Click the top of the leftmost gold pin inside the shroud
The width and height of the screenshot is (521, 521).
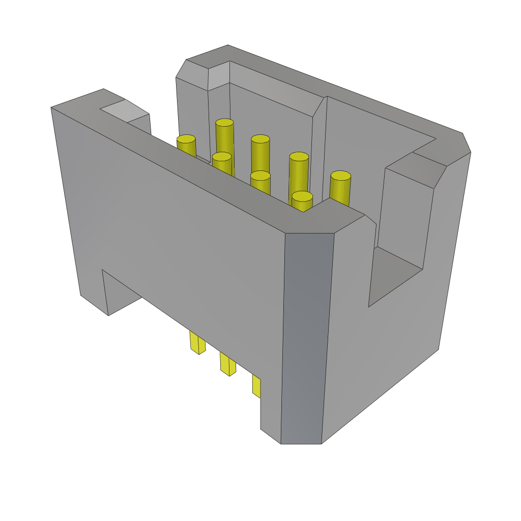click(x=186, y=139)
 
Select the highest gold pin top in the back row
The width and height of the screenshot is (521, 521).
click(x=224, y=123)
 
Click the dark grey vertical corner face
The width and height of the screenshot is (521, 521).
click(x=305, y=336)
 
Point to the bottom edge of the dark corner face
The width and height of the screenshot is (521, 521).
click(x=301, y=444)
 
